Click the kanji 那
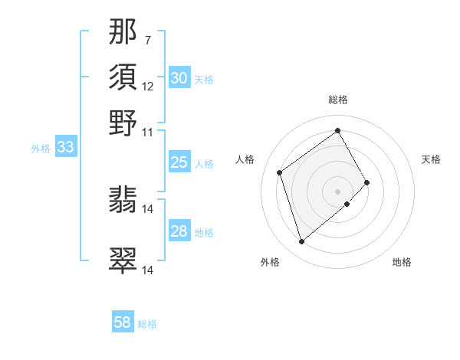pyautogui.click(x=123, y=31)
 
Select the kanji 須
pyautogui.click(x=123, y=77)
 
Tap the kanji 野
pyautogui.click(x=123, y=123)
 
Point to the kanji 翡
pyautogui.click(x=123, y=201)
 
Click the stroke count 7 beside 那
pyautogui.click(x=148, y=39)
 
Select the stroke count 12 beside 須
pyautogui.click(x=148, y=86)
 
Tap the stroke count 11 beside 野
pyautogui.click(x=148, y=132)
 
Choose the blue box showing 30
pyautogui.click(x=179, y=77)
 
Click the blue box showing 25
pyautogui.click(x=179, y=162)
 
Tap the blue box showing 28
pyautogui.click(x=179, y=231)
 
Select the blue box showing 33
pyautogui.click(x=65, y=147)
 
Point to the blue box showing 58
pyautogui.click(x=123, y=322)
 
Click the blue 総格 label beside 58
pyautogui.click(x=147, y=324)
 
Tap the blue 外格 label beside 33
pyautogui.click(x=41, y=149)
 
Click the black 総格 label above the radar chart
pyautogui.click(x=338, y=100)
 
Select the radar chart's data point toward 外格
pyautogui.click(x=301, y=242)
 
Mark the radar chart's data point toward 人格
pyautogui.click(x=280, y=172)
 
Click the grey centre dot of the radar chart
pyautogui.click(x=338, y=190)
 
